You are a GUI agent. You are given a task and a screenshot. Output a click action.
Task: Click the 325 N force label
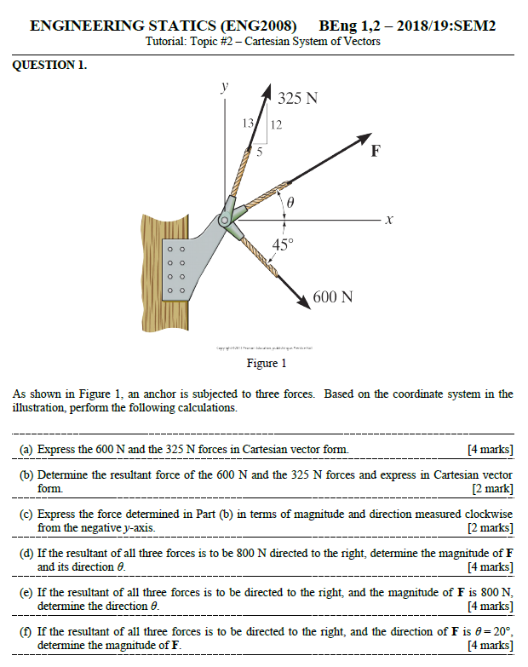pos(298,98)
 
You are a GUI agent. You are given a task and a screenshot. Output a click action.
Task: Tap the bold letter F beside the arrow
pos(376,153)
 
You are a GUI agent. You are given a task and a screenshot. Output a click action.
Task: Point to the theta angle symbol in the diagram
pos(290,204)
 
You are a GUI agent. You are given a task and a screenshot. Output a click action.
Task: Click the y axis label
pos(224,87)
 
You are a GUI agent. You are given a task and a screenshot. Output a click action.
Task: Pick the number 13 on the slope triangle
pos(248,124)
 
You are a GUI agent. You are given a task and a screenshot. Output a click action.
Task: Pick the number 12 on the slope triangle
pos(275,124)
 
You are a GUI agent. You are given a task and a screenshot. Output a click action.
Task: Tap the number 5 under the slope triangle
pos(261,153)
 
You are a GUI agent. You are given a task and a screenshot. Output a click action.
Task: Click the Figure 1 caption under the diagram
pos(267,364)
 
